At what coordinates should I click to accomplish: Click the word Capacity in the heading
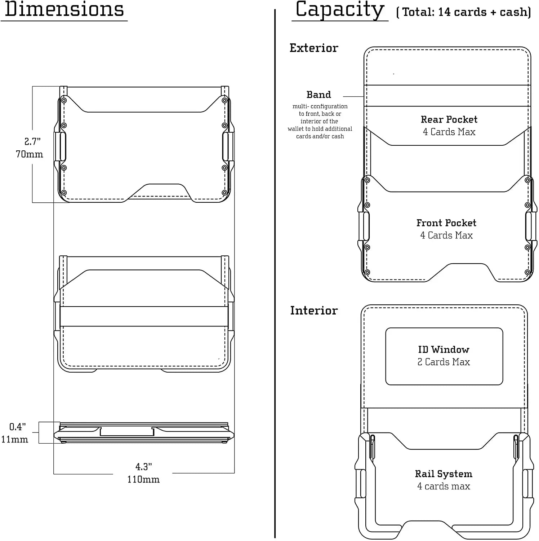click(x=340, y=10)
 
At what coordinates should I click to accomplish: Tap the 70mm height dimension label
click(x=29, y=154)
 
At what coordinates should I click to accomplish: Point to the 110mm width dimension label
click(x=143, y=479)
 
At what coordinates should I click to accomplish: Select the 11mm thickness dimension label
click(x=14, y=439)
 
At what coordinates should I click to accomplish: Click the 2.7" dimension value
click(x=32, y=141)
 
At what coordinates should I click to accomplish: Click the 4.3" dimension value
click(x=144, y=467)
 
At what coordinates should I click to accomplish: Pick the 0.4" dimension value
click(x=17, y=427)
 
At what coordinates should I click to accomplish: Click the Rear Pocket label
click(x=449, y=119)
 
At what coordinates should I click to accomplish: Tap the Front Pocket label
click(x=446, y=223)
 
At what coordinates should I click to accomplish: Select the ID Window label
click(x=444, y=349)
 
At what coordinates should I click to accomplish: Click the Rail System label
click(x=444, y=474)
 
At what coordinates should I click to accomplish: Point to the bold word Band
click(x=319, y=94)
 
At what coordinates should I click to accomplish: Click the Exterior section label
click(x=314, y=48)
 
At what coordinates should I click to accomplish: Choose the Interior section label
click(x=314, y=311)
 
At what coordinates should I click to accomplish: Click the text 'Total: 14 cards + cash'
click(x=465, y=12)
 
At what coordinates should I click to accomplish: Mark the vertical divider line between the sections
click(x=275, y=274)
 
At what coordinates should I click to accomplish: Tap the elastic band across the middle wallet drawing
click(x=144, y=317)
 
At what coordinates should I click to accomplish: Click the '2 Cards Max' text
click(x=444, y=362)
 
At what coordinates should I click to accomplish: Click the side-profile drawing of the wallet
click(x=144, y=432)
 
